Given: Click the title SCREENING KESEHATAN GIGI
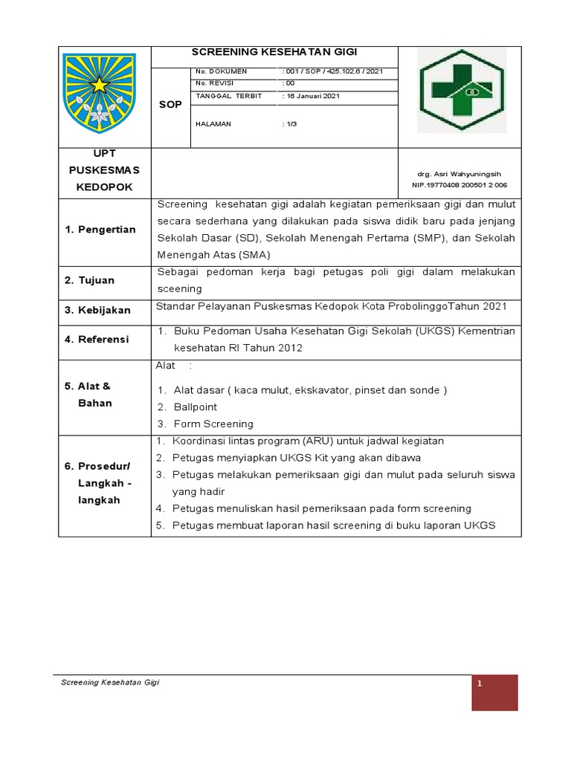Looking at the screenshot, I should [x=274, y=53].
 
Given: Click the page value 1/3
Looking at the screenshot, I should [x=291, y=124].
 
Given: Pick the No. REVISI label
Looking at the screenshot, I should [x=214, y=83].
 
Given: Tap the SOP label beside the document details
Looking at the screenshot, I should [x=170, y=105].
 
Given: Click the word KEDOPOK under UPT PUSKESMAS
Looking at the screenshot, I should [x=104, y=187].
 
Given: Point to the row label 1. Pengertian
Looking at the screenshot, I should [x=100, y=229].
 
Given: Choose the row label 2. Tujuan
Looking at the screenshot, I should [x=89, y=280].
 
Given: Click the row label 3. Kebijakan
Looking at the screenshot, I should [x=97, y=310].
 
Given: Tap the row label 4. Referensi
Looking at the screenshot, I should [x=97, y=339].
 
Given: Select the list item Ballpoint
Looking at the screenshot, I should [x=195, y=407].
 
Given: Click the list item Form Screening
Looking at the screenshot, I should [x=213, y=424].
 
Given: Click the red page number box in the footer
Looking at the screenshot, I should [x=494, y=693].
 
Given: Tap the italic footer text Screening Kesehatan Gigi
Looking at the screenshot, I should [x=110, y=682].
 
